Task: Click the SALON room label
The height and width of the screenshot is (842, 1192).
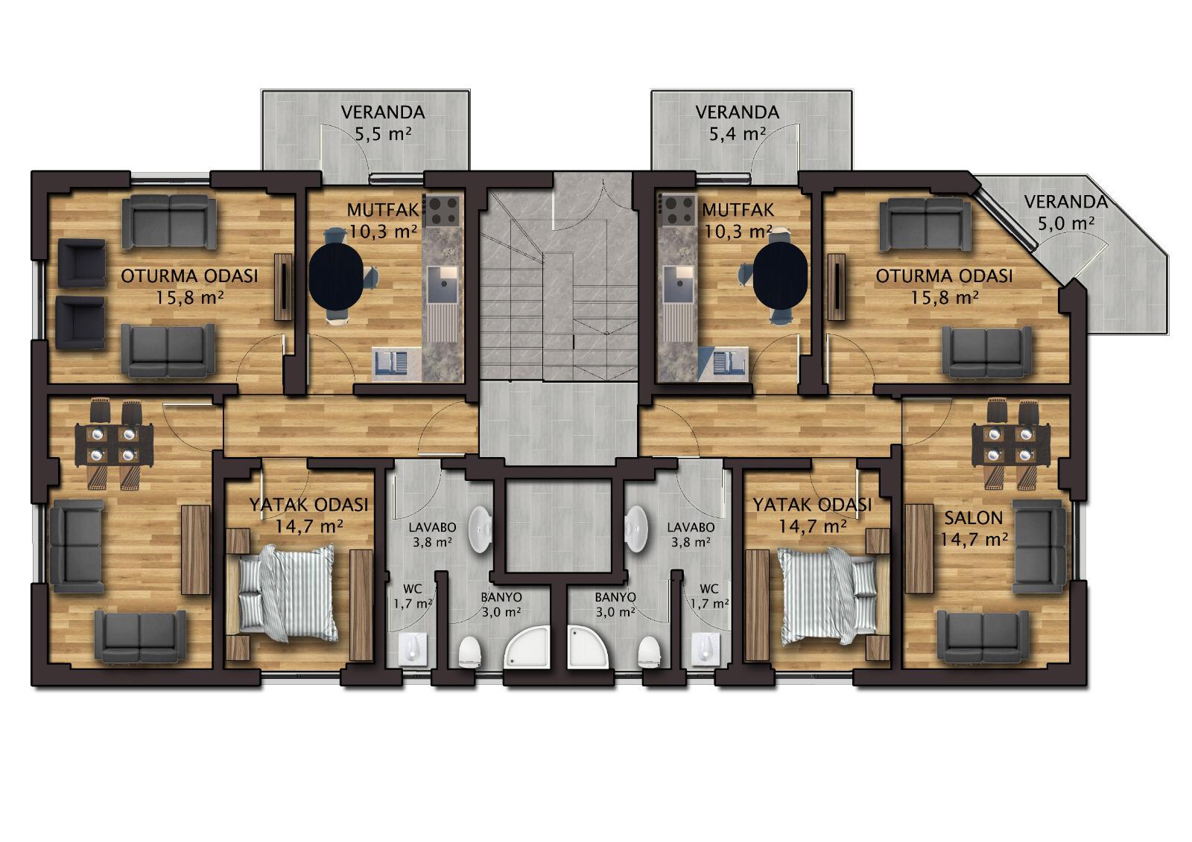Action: coord(973,517)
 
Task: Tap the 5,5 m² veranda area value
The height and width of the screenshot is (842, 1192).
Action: coord(383,133)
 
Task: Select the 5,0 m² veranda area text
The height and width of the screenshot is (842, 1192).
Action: coord(1066,223)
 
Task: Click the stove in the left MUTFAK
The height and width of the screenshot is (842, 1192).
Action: coord(444,211)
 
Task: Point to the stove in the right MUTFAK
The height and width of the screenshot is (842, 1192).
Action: coord(678,211)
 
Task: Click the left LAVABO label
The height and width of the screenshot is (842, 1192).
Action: coord(432,528)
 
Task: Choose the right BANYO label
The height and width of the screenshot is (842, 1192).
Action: coord(615,597)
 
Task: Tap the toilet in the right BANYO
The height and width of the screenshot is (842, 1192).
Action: coord(649,652)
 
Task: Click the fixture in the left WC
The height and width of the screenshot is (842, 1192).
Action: coord(413,648)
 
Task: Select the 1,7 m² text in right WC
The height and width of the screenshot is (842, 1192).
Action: coord(709,604)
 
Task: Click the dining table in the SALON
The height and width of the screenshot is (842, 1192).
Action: coord(1010,444)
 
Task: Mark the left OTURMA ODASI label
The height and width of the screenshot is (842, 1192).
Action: coord(189,276)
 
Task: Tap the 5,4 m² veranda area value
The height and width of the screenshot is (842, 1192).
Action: coord(738,133)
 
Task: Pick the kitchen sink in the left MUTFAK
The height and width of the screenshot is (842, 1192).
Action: coord(443,284)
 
